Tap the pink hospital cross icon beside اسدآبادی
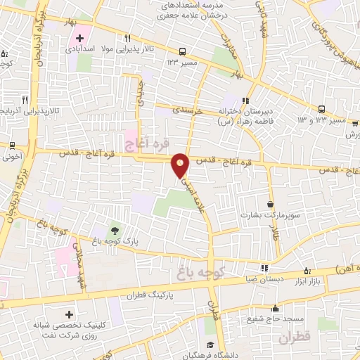(79, 38)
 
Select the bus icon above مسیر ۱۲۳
(183, 51)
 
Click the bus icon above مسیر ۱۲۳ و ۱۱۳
(321, 109)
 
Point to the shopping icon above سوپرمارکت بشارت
(270, 205)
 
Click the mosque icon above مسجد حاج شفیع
(276, 309)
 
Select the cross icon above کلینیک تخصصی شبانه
(68, 315)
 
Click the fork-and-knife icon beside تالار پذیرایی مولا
(127, 38)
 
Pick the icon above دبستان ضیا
(264, 267)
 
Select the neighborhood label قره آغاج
(148, 145)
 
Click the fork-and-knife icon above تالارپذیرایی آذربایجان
(25, 100)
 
